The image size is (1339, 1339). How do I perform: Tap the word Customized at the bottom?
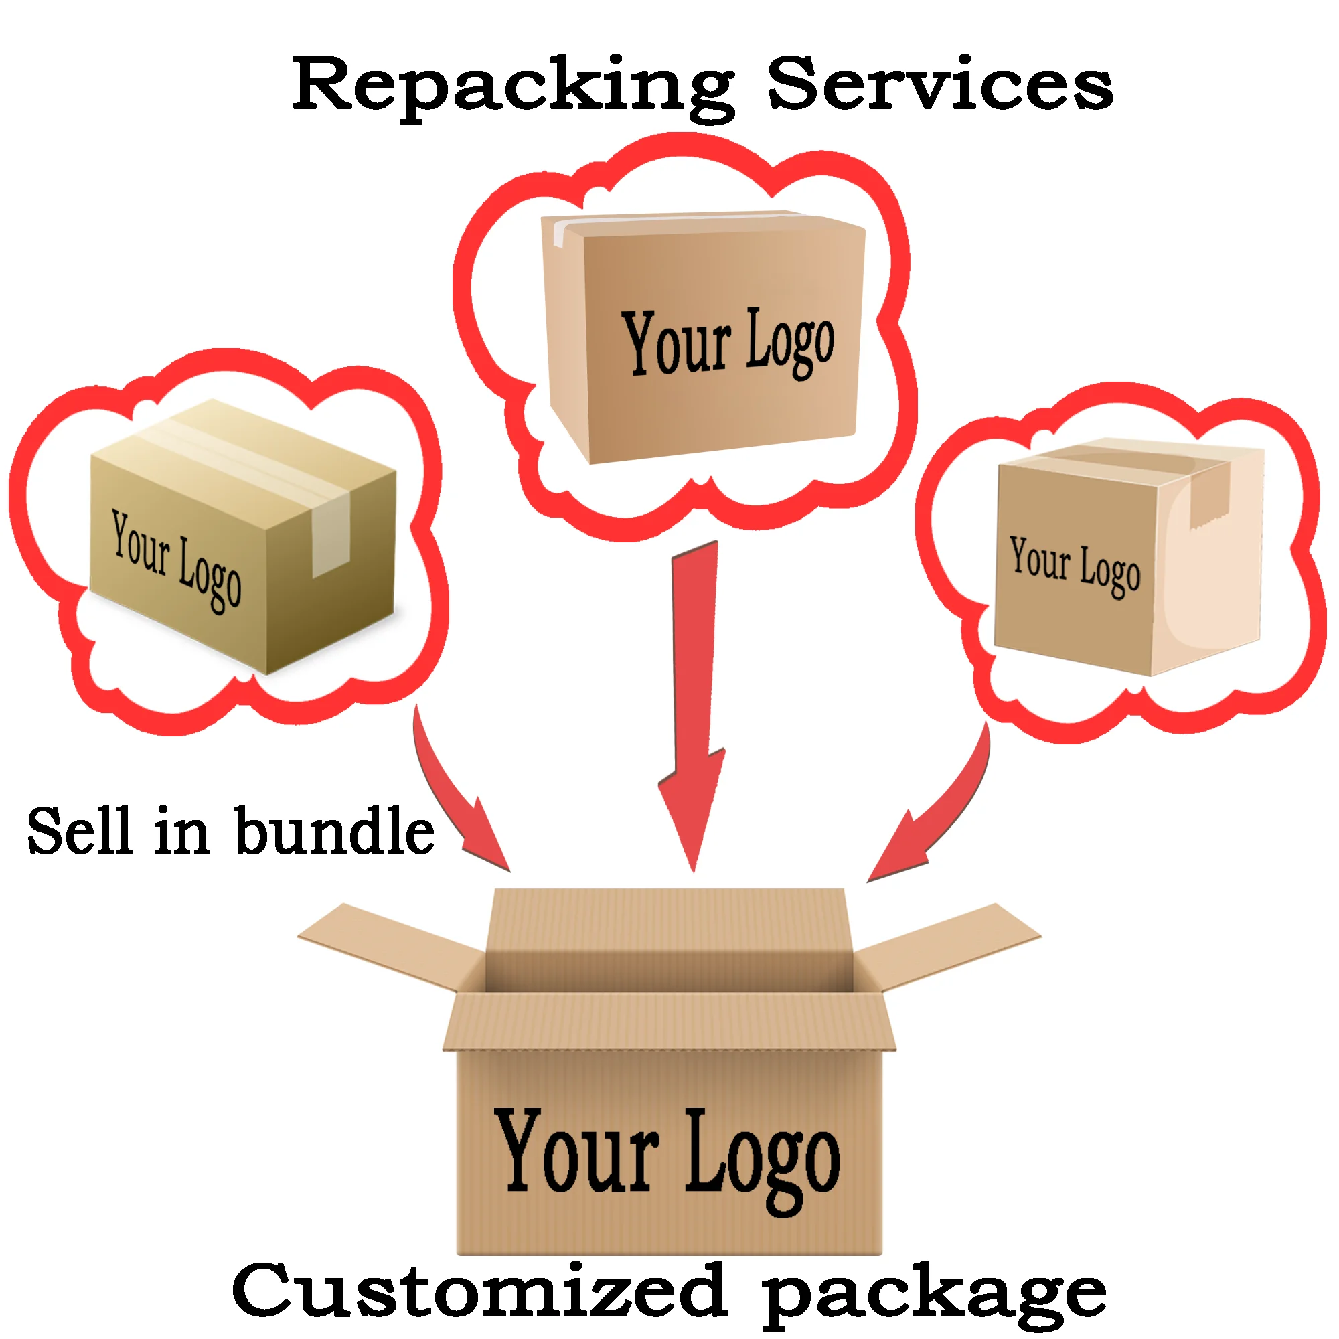pos(478,1291)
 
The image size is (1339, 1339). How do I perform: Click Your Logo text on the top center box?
pos(728,342)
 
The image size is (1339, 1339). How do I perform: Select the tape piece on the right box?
pos(1209,495)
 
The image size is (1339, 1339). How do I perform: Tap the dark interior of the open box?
pos(668,970)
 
